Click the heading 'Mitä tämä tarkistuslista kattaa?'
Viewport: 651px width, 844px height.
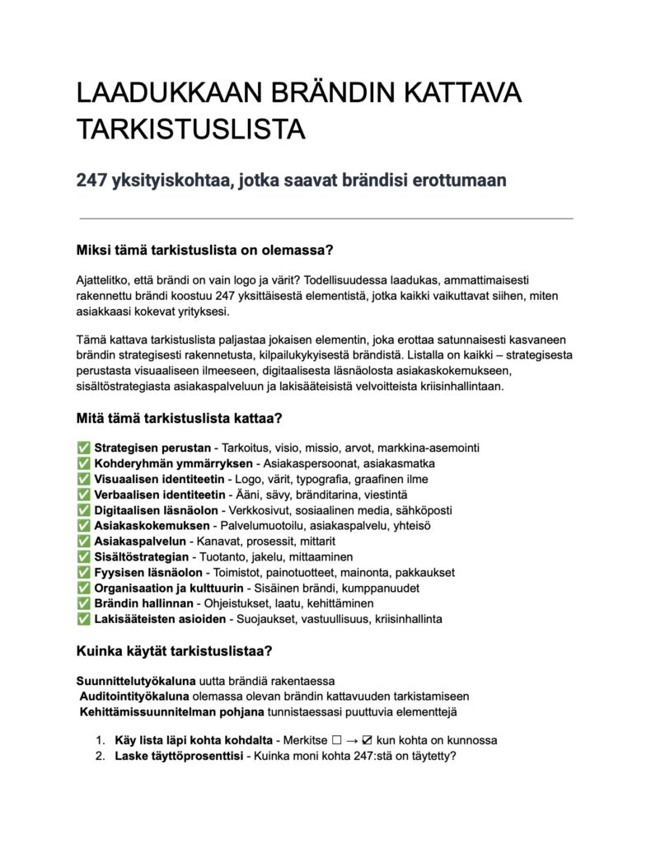[x=179, y=419]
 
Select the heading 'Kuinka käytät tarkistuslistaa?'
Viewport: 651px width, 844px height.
[x=174, y=651]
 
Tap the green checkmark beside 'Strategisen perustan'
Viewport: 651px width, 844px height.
[x=83, y=448]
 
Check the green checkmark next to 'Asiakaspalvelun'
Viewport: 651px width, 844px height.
[x=83, y=542]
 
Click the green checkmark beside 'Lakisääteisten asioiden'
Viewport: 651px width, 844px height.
[x=83, y=619]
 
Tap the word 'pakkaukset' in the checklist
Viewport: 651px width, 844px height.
[x=424, y=572]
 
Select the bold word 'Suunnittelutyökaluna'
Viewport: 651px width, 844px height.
[x=136, y=681]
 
